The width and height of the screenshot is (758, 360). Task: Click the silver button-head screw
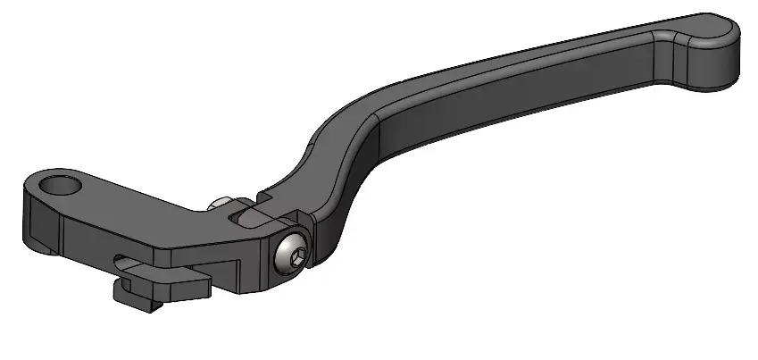[x=292, y=257]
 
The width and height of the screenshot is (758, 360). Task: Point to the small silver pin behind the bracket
[x=217, y=204]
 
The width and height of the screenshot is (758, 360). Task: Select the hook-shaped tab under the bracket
[x=143, y=289]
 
